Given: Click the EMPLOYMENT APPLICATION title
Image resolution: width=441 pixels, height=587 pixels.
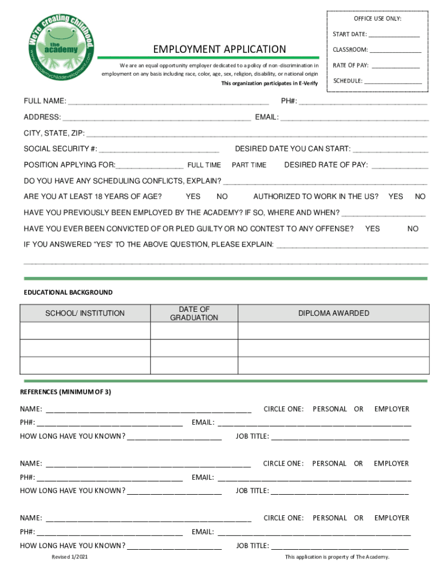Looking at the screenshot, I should point(219,49).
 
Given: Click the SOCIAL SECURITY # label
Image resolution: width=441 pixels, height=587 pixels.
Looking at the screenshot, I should point(60,149).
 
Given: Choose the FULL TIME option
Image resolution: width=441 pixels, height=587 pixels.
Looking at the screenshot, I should point(204,165).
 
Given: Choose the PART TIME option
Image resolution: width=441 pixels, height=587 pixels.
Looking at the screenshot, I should point(249,165).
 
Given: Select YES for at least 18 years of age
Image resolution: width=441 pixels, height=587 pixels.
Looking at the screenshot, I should point(193,197).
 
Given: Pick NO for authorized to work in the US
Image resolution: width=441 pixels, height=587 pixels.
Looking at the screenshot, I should point(420,197).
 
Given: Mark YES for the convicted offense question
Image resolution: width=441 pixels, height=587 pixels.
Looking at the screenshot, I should point(372,229).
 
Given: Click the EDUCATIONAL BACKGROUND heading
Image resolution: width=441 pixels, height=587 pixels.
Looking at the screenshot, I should point(68,292).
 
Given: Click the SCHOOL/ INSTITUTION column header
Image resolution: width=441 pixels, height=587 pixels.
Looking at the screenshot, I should point(85,314).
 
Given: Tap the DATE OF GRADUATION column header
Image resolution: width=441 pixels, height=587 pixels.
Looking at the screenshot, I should point(194,314).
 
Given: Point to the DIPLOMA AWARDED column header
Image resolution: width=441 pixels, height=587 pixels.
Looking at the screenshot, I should point(333,314).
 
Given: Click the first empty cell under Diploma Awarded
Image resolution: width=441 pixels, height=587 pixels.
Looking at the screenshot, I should point(333,331).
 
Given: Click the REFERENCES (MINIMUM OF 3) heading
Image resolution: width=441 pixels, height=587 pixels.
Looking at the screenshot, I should point(65,392).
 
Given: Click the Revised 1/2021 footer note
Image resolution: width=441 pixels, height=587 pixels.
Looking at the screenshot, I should point(70,557).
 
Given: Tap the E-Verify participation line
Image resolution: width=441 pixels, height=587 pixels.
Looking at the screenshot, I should point(269,84).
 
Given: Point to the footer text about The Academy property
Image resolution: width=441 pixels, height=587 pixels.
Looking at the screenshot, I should point(337,557).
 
